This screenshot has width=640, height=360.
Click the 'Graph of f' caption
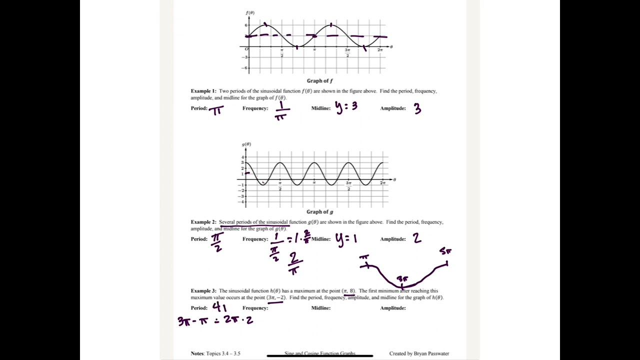pyautogui.click(x=320, y=81)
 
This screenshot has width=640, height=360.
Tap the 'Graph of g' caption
pyautogui.click(x=320, y=212)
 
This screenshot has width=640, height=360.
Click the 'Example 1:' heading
pyautogui.click(x=203, y=91)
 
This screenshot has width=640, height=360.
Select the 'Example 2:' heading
pyautogui.click(x=203, y=222)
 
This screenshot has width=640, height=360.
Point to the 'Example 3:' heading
pyautogui.click(x=203, y=291)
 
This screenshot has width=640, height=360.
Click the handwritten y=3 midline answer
pyautogui.click(x=346, y=107)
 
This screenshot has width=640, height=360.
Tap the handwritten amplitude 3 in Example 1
pyautogui.click(x=417, y=109)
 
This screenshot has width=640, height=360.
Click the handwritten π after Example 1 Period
pyautogui.click(x=216, y=110)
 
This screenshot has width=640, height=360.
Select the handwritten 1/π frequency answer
pyautogui.click(x=280, y=111)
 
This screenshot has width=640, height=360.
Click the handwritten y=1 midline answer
pyautogui.click(x=346, y=239)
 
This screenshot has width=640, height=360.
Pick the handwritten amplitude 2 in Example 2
pyautogui.click(x=416, y=238)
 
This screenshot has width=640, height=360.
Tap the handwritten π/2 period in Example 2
pyautogui.click(x=217, y=242)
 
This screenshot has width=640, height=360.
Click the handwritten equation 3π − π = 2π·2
pyautogui.click(x=215, y=320)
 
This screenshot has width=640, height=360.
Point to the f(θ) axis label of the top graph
pyautogui.click(x=250, y=12)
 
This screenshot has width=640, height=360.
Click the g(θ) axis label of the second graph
pyautogui.click(x=246, y=144)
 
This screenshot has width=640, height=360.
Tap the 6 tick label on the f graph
pyautogui.click(x=246, y=25)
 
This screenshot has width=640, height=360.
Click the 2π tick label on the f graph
pyautogui.click(x=380, y=50)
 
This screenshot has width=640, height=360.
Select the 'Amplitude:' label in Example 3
pyautogui.click(x=393, y=308)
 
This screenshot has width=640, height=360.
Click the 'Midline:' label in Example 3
pyautogui.click(x=321, y=308)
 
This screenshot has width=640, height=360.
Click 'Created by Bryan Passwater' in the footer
pyautogui.click(x=419, y=353)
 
